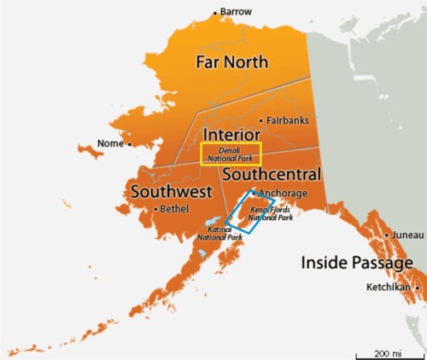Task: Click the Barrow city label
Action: click(x=237, y=11)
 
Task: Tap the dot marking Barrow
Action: click(x=215, y=12)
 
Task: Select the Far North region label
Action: click(x=231, y=62)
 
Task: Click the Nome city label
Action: click(x=111, y=143)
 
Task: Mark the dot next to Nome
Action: click(x=130, y=144)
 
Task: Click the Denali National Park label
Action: click(x=231, y=154)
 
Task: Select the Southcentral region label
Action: click(x=271, y=175)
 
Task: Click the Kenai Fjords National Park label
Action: click(x=271, y=213)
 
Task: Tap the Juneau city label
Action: click(x=405, y=235)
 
